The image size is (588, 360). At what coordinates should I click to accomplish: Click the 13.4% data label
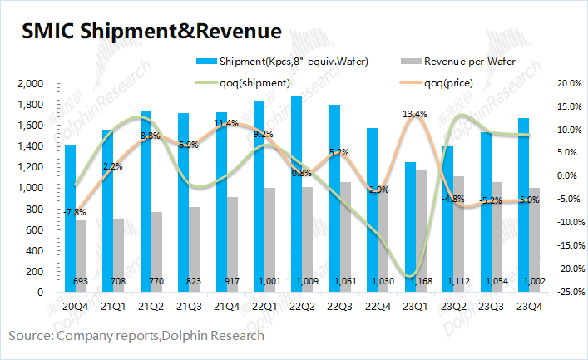coord(415,114)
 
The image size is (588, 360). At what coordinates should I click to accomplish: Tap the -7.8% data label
coord(76,212)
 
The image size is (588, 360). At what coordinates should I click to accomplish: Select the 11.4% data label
coord(225,124)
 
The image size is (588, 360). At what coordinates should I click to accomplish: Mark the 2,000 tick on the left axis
coord(29,84)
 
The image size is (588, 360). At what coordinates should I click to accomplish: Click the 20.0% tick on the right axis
coord(568,84)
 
